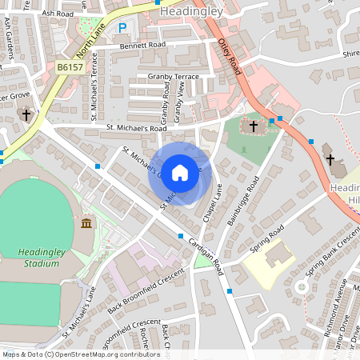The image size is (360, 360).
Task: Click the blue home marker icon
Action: (180, 171)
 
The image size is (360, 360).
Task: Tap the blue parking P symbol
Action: (122, 28)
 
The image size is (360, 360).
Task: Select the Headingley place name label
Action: (188, 11)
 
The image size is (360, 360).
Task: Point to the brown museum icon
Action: (86, 222)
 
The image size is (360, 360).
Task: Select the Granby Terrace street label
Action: (173, 76)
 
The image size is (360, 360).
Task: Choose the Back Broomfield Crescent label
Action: (146, 289)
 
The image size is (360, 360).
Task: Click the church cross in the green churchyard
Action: (254, 126)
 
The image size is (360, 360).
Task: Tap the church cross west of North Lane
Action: (26, 115)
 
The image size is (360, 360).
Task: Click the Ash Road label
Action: (58, 14)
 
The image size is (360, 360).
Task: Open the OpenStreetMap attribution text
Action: (81, 354)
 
